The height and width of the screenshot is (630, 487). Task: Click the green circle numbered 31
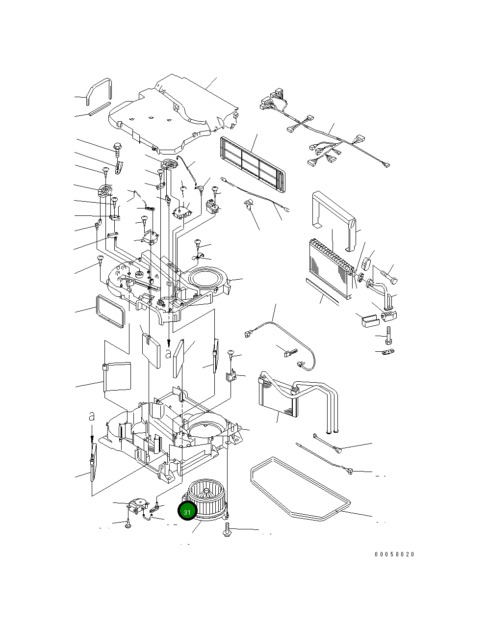point(187,512)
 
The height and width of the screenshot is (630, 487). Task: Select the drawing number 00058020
point(394,554)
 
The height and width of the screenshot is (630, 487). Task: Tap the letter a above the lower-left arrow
point(91,417)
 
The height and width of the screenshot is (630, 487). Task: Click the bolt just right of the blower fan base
point(228,530)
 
